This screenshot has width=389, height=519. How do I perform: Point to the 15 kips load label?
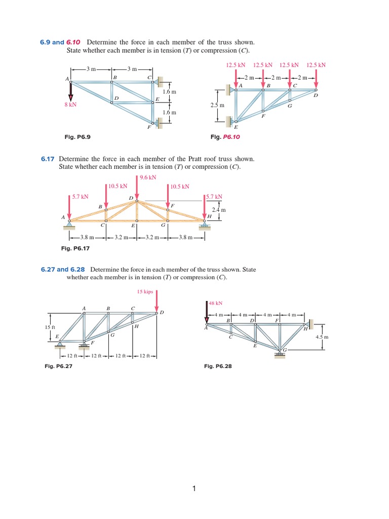click(x=145, y=291)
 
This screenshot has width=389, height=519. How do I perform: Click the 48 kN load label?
click(x=216, y=304)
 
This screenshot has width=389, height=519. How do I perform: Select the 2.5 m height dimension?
click(x=216, y=105)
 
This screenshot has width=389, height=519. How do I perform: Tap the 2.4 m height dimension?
click(x=218, y=209)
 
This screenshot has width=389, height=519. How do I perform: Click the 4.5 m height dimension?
click(x=322, y=337)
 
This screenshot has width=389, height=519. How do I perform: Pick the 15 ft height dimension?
click(x=50, y=327)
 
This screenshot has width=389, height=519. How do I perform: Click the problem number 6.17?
click(x=47, y=159)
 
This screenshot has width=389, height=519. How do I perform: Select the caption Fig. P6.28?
click(x=218, y=366)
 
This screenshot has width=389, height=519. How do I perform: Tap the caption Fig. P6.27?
click(x=59, y=366)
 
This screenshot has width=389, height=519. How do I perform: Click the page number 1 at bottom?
click(x=193, y=489)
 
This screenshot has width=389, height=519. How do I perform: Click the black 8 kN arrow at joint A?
click(x=70, y=92)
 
